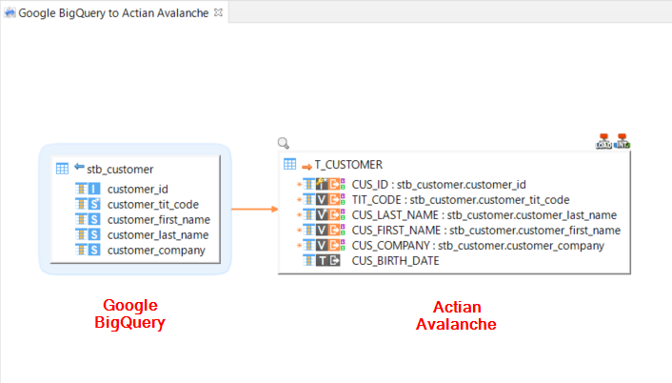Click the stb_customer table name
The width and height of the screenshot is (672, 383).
(x=120, y=169)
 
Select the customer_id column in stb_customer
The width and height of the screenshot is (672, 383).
(x=137, y=189)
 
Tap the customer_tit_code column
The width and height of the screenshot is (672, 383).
(x=152, y=204)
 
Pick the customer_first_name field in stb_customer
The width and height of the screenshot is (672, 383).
(x=158, y=219)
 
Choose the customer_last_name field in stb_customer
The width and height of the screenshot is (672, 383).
(x=157, y=234)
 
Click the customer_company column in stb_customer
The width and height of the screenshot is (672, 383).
(x=156, y=250)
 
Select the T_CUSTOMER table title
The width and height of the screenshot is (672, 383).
(x=348, y=165)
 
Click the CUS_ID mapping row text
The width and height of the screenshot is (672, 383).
(x=439, y=184)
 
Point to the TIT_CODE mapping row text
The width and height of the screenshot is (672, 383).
(x=461, y=199)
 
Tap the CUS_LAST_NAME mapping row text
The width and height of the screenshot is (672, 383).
(x=484, y=214)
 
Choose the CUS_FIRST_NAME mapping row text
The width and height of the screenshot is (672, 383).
(x=485, y=230)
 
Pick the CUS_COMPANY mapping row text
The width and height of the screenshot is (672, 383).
(x=478, y=245)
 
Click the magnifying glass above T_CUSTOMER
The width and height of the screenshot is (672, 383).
(x=283, y=144)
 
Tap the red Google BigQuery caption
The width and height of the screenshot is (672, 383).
(x=129, y=313)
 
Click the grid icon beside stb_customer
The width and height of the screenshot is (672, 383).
(x=62, y=169)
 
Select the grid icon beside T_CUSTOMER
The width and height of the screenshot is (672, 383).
(x=289, y=165)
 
